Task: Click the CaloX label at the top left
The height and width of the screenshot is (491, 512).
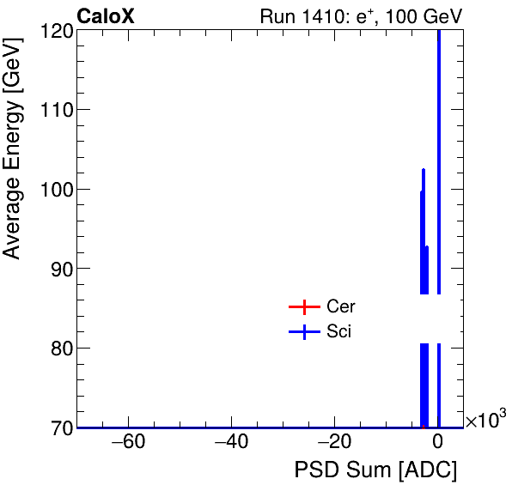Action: tap(106, 16)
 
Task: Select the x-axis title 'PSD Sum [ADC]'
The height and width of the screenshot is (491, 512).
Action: tap(375, 470)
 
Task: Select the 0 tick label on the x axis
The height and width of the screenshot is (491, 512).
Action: tap(437, 443)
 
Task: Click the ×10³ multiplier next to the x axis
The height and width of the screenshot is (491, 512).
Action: tap(485, 420)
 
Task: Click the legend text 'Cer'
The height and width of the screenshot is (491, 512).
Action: tap(340, 307)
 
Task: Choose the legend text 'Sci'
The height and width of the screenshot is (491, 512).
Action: tap(338, 331)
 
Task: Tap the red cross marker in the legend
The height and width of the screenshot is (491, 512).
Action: tap(304, 307)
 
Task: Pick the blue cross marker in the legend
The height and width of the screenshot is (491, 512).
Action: tap(304, 331)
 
